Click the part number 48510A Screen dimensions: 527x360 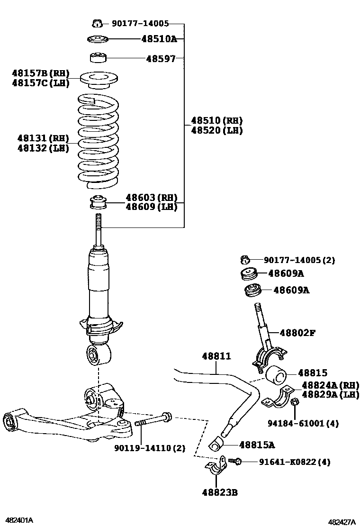point(159,39)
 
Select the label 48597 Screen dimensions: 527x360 point(161,59)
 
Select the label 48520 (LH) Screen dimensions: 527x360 point(216,130)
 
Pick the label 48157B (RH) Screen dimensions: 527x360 point(41,73)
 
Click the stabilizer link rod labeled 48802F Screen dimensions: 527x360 point(262,327)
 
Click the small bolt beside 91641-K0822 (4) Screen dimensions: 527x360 point(235,461)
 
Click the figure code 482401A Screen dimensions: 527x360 point(19,520)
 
